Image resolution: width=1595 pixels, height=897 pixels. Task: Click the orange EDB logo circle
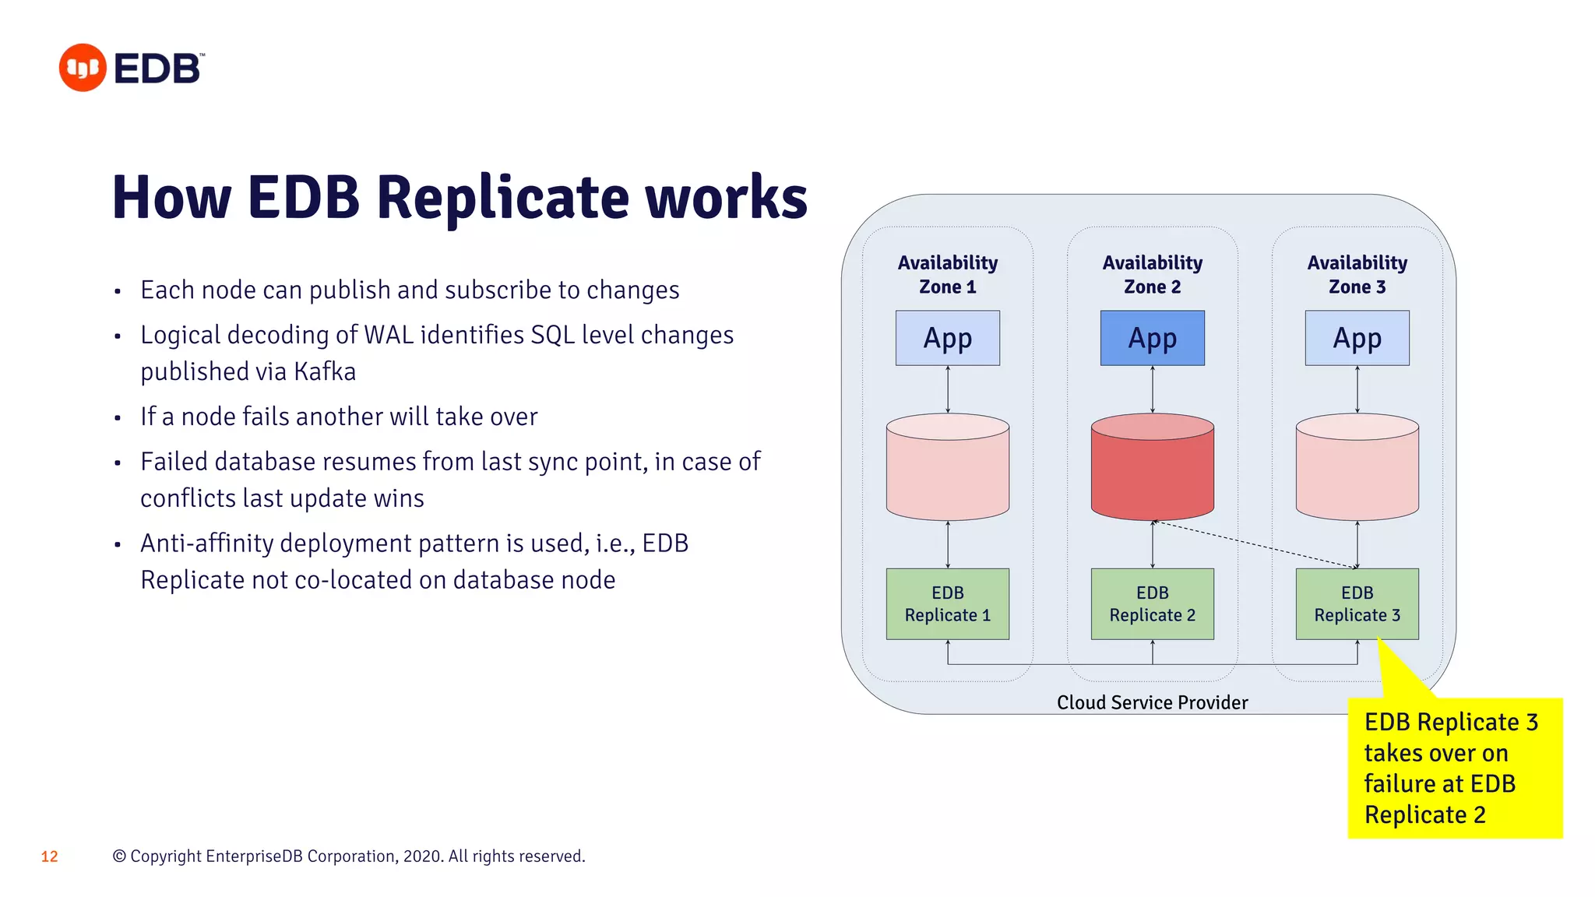(x=83, y=68)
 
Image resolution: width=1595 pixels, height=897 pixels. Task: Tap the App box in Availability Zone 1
(x=947, y=338)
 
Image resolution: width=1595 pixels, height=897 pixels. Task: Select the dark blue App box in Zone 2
(x=1152, y=338)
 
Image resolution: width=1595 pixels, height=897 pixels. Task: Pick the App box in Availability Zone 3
(x=1357, y=338)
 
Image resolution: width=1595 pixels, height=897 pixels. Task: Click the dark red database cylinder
(x=1152, y=471)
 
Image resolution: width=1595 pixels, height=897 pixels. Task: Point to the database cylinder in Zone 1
(x=947, y=471)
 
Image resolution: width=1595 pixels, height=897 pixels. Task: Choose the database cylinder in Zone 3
(x=1357, y=471)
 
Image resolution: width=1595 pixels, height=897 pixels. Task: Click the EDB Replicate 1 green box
(x=947, y=604)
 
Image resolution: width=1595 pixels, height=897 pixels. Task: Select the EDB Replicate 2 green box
(x=1152, y=604)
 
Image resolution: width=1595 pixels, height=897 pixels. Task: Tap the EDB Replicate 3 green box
(x=1357, y=604)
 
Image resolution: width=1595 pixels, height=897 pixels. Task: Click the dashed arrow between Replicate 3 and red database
(x=1254, y=544)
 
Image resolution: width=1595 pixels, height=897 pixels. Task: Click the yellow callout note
(x=1454, y=768)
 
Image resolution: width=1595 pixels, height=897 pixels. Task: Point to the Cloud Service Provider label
(x=1152, y=702)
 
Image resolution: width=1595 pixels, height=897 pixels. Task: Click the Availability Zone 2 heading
(x=1152, y=274)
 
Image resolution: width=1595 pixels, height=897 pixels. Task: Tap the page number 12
(x=49, y=857)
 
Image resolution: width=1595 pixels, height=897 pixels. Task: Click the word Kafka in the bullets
(x=325, y=371)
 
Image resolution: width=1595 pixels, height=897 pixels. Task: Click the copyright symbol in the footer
(x=119, y=857)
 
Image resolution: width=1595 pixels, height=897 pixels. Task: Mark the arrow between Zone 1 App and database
(x=948, y=389)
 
